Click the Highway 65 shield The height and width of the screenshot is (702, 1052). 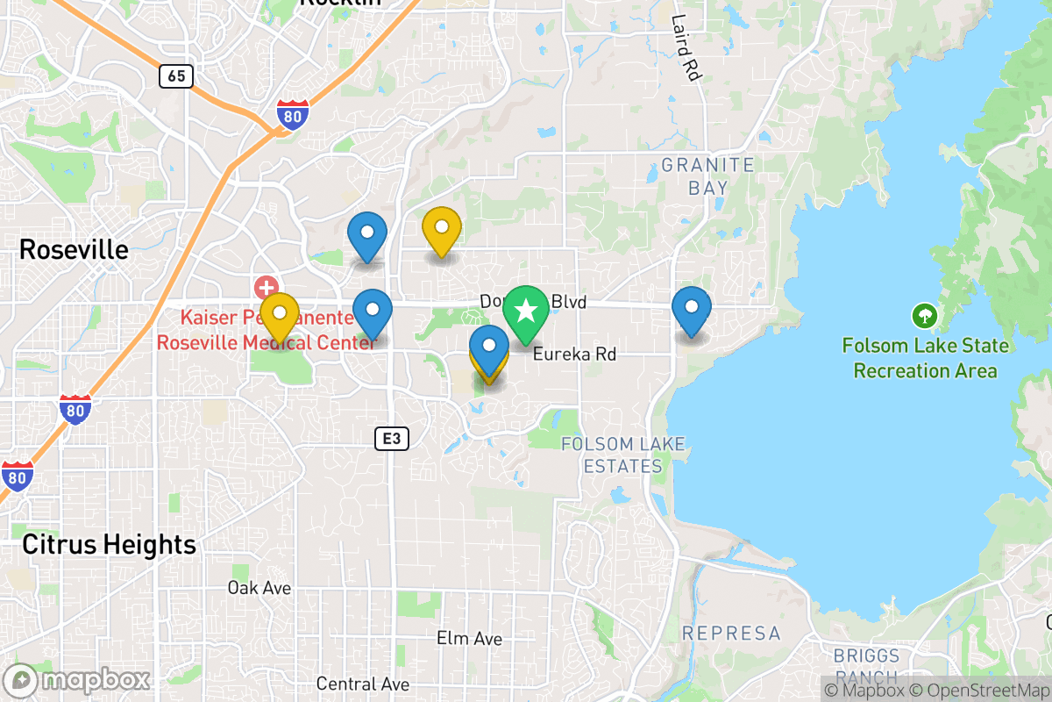176,75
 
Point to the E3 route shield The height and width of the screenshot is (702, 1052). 392,439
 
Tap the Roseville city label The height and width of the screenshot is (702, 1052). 74,250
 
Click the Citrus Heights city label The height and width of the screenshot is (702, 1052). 109,545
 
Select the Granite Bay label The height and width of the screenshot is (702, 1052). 707,175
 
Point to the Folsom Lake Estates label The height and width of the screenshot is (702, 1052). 622,455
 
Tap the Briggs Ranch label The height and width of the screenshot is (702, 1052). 866,666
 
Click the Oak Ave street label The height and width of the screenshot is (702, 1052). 259,587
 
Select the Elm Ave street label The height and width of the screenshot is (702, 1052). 469,638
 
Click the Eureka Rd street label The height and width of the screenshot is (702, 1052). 574,354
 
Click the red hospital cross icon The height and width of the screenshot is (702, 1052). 266,287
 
